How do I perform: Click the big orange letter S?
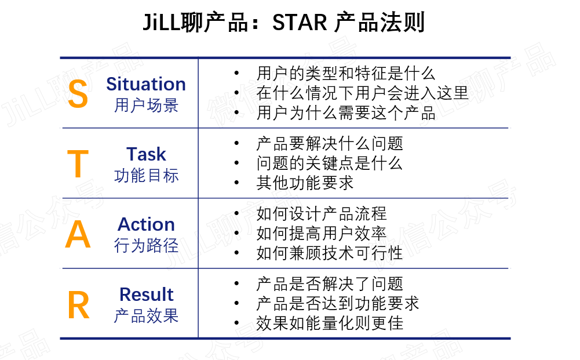[78, 94]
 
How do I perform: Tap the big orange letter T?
[78, 165]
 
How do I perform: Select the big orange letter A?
[78, 235]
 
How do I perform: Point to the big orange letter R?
[78, 306]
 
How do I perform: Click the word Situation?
[146, 84]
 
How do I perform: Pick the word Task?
[146, 154]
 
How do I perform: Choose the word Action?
[146, 224]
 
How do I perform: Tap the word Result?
[146, 294]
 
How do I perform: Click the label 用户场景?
[146, 106]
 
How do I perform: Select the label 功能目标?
[146, 176]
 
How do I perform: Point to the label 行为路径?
[146, 246]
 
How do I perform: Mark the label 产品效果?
[146, 316]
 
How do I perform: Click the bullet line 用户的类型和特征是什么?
[345, 74]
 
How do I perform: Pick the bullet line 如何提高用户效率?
[321, 234]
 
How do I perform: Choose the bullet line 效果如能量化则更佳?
[329, 323]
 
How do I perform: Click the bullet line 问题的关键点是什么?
[329, 163]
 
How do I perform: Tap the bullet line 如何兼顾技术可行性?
[329, 253]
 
